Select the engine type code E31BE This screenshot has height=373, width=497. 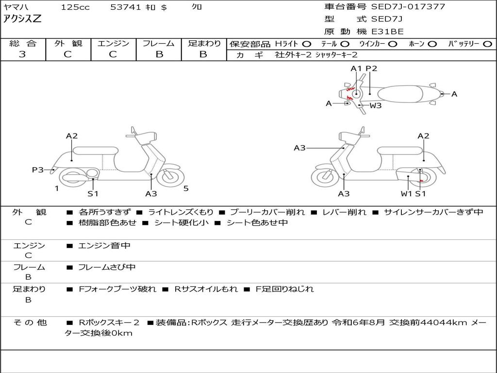(387, 32)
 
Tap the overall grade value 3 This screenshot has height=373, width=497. (22, 54)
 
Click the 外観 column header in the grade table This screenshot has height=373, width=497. (68, 43)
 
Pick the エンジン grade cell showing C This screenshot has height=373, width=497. (113, 54)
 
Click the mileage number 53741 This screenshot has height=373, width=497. (126, 7)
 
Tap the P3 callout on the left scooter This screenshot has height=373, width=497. (38, 170)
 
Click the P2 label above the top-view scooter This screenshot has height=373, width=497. (371, 68)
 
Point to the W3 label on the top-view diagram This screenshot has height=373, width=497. (376, 105)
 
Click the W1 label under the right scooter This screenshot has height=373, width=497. (406, 194)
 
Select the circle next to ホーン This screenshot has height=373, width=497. (432, 44)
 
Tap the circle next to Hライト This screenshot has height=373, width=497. (307, 44)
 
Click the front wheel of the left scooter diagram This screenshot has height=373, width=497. (170, 177)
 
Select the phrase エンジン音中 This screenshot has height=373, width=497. (104, 246)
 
